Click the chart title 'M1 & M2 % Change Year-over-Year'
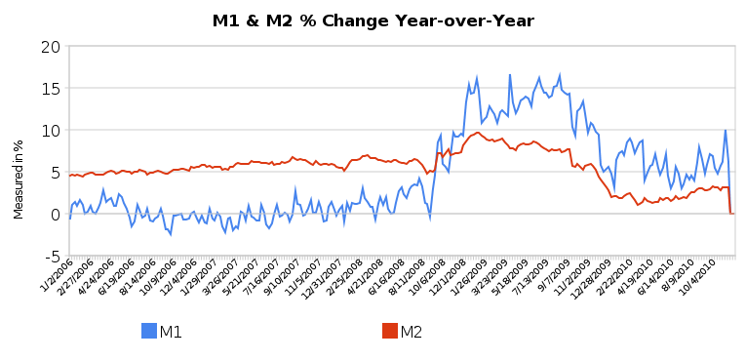[x=373, y=20]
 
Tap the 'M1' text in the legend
[x=172, y=332]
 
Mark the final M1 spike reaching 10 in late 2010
[x=725, y=130]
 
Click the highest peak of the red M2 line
[x=478, y=133]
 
